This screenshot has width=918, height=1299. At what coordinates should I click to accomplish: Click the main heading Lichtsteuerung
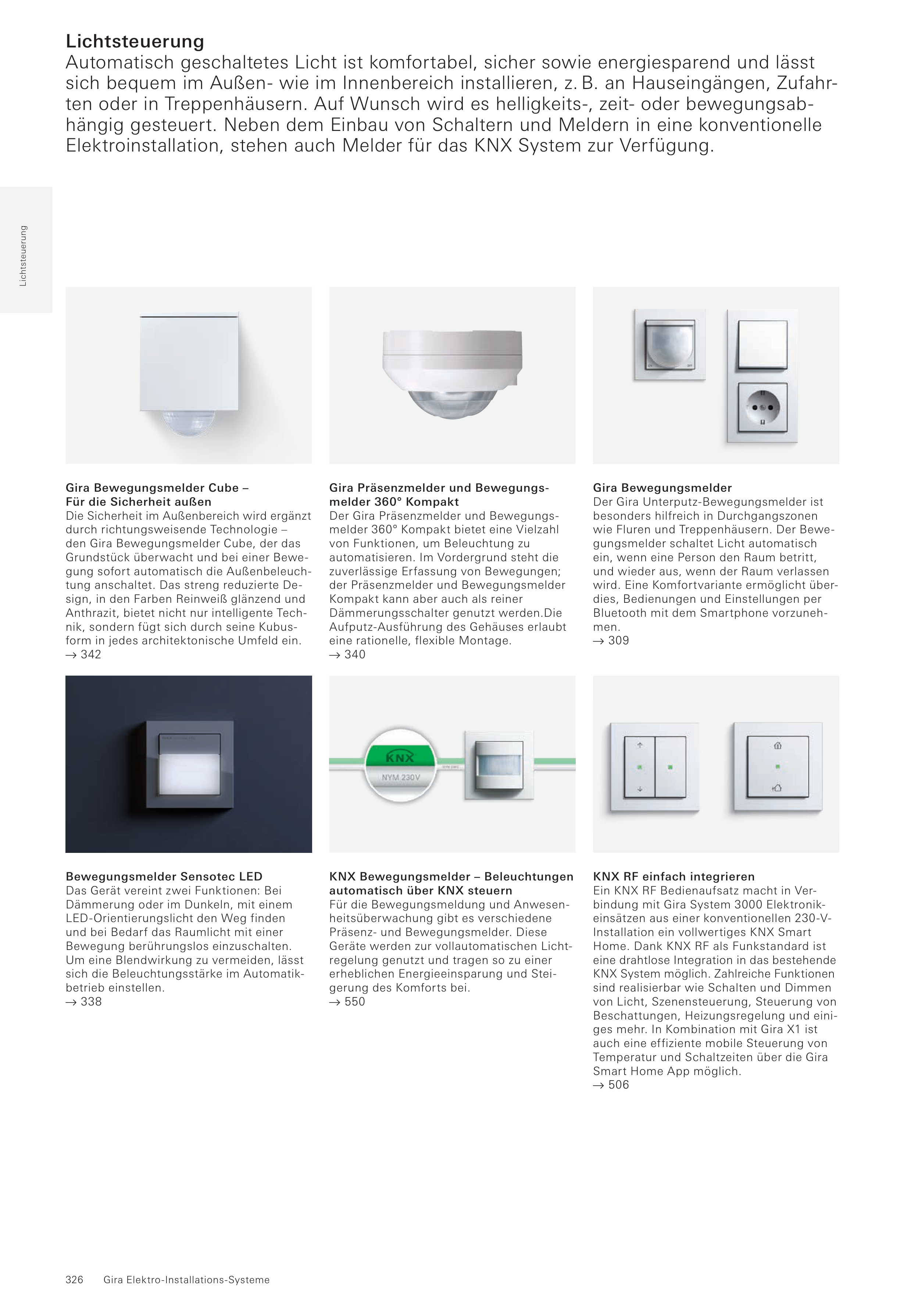tap(135, 41)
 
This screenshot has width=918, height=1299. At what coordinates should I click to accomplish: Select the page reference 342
tap(90, 655)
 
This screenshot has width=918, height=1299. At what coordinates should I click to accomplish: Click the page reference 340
tap(355, 655)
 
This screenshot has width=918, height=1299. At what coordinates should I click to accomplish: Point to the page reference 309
tap(618, 640)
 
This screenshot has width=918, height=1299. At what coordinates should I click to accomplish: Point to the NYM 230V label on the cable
tap(400, 777)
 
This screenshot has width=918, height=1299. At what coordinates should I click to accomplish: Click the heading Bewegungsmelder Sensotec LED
tap(164, 876)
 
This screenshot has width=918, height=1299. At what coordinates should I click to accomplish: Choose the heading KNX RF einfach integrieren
tap(674, 876)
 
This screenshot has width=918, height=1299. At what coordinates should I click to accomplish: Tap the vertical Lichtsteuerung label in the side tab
tap(23, 256)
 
